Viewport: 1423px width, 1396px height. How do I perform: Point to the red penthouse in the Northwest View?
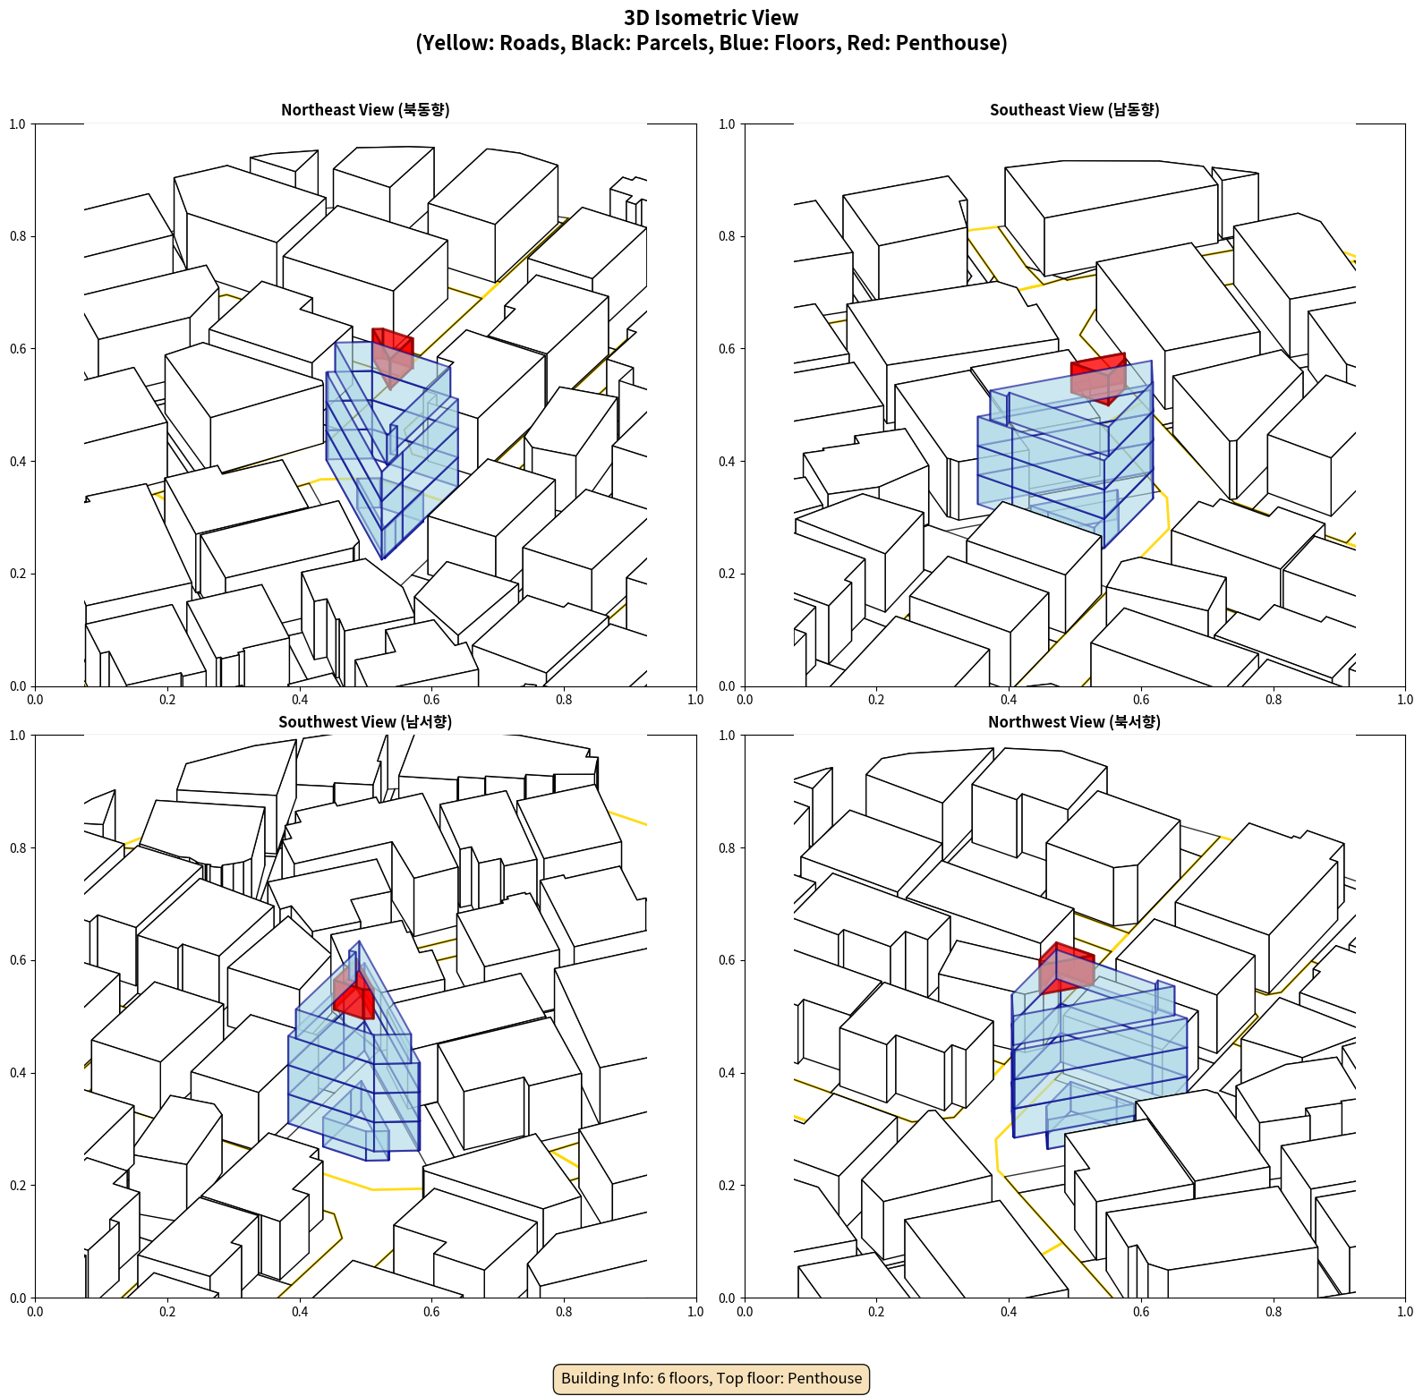point(1066,967)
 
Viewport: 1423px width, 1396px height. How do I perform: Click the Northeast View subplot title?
point(365,110)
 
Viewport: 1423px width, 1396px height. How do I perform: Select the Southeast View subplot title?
point(1074,110)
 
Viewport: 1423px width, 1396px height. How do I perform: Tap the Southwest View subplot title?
point(365,722)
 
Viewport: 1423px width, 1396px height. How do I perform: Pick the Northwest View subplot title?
point(1074,722)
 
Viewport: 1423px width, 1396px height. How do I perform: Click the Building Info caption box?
point(711,1378)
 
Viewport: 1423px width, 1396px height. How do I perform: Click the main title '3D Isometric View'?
point(711,18)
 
